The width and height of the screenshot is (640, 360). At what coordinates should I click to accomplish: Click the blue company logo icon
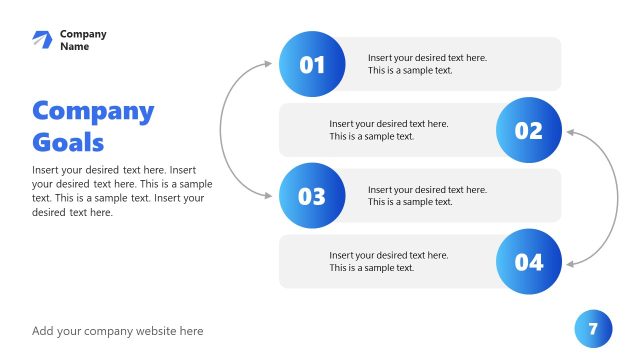coord(41,39)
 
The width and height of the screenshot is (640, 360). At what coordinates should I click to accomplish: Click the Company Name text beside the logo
coord(82,40)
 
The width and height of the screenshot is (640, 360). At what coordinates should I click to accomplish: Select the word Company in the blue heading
coord(93,111)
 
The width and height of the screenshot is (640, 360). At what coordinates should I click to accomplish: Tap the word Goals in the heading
coord(68,141)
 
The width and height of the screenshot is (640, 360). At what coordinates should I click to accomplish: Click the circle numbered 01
coord(312,64)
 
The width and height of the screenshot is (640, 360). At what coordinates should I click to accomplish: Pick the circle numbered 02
coord(528,130)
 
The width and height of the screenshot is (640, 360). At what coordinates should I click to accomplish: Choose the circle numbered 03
coord(312,196)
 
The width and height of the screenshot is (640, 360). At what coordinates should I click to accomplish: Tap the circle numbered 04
coord(528,262)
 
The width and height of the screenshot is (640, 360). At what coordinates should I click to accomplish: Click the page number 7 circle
coord(593,328)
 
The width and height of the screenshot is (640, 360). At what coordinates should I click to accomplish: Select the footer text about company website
coord(117,331)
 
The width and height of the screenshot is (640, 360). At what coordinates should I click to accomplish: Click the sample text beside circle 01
coord(427,64)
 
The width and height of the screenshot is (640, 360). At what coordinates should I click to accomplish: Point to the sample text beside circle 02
coord(389,130)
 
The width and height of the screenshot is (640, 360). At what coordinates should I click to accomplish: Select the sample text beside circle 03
coord(427,196)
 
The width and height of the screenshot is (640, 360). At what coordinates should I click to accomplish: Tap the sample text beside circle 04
coord(389,262)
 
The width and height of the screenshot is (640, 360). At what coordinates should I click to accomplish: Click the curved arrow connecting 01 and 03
coord(222,130)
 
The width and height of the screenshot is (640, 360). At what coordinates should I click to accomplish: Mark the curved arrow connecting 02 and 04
coord(615,196)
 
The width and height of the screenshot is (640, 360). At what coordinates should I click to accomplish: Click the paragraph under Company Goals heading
coord(122,191)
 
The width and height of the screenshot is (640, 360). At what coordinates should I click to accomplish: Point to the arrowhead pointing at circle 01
coord(268,64)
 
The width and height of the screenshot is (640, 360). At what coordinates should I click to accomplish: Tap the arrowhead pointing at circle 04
coord(569,263)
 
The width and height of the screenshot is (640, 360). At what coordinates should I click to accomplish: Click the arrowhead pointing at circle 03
coord(268,196)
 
